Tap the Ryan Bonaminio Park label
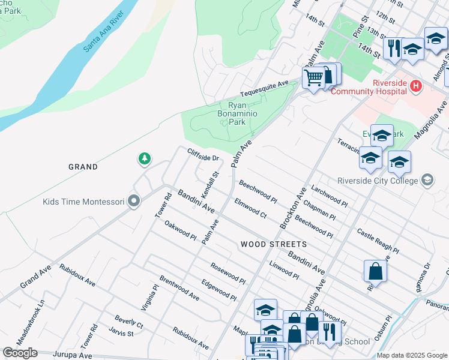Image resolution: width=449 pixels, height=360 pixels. (x=229, y=113)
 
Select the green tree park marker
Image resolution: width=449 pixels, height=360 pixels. (x=144, y=159)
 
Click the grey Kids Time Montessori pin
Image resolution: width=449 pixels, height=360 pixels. (x=134, y=202)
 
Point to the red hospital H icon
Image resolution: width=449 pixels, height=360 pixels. (x=415, y=88)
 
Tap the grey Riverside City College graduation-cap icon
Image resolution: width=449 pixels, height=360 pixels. (x=427, y=180)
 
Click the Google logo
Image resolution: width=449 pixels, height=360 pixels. (x=20, y=353)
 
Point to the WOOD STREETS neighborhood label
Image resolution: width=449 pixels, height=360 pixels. (x=274, y=244)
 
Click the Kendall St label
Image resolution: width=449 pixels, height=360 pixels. (x=210, y=185)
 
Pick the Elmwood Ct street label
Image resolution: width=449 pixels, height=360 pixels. (x=250, y=208)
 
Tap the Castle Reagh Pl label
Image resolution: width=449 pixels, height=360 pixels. (x=378, y=241)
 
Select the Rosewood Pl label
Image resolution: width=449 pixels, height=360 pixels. (x=228, y=274)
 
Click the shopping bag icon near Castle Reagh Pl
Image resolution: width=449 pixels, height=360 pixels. (x=375, y=271)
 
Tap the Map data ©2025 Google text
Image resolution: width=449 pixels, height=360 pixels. (x=411, y=355)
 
